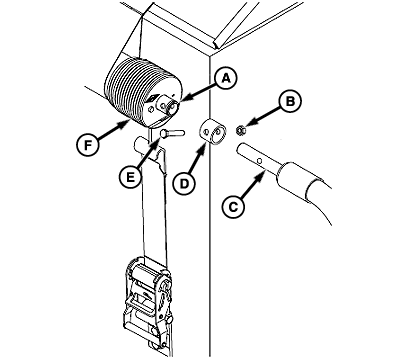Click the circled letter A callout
226,79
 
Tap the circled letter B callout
290,101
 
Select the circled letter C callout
233,207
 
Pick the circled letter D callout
185,183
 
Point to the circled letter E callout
130,176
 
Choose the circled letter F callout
88,145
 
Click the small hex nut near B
240,130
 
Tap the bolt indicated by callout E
172,133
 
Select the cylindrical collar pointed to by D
213,132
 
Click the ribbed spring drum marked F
143,91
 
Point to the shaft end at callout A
173,106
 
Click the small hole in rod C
261,161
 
